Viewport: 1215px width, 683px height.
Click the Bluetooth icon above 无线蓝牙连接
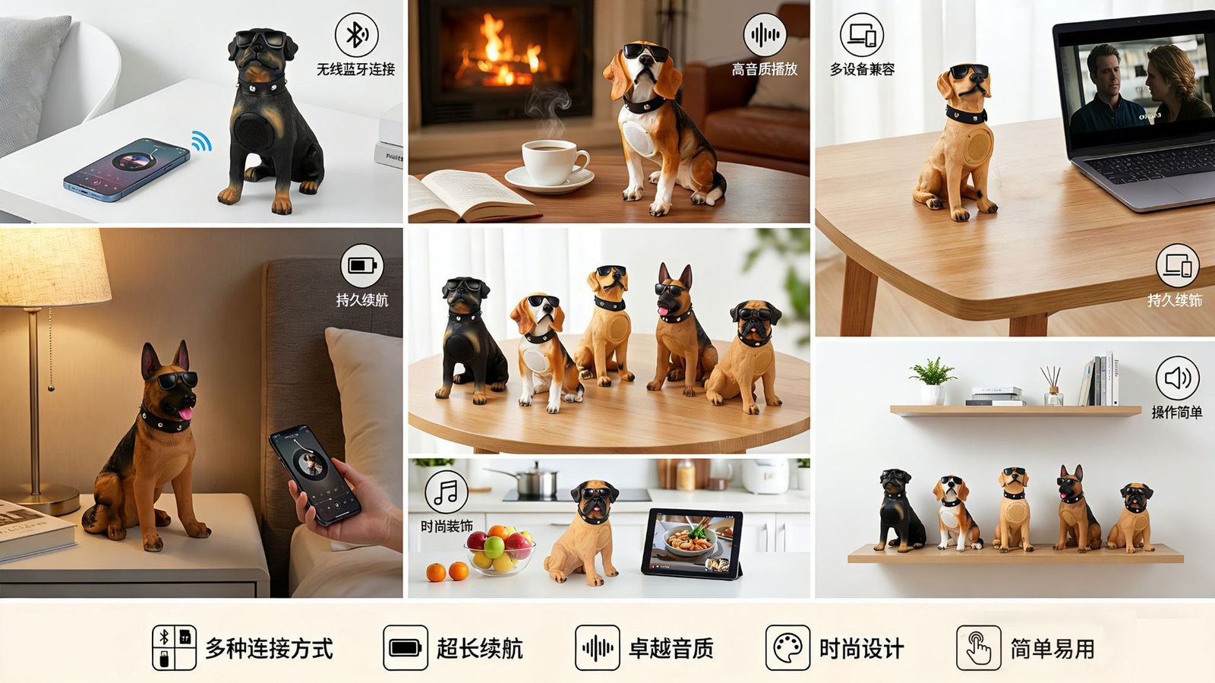(x=356, y=35)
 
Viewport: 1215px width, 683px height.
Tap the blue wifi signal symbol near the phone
(x=201, y=141)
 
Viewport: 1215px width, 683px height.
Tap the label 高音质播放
(x=764, y=69)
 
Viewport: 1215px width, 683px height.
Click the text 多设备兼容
(x=862, y=69)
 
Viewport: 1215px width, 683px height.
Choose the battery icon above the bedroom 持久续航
(x=361, y=266)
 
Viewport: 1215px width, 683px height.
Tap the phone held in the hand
(x=314, y=475)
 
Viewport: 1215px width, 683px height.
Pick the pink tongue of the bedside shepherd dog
(x=185, y=413)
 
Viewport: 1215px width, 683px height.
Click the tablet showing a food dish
(x=692, y=543)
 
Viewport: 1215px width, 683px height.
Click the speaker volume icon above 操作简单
(x=1177, y=378)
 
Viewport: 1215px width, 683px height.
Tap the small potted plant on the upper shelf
(x=933, y=381)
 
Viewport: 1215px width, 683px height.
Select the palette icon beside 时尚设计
(x=787, y=648)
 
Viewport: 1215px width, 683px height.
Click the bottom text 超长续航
(x=479, y=648)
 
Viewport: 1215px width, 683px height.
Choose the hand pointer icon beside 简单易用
(x=979, y=648)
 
